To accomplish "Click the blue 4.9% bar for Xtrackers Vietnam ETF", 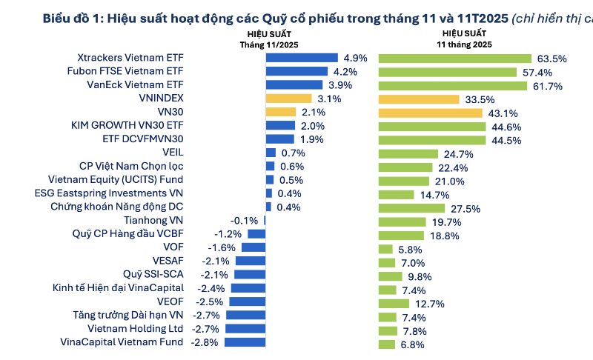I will [x=301, y=58].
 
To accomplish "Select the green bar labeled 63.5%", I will [x=454, y=58].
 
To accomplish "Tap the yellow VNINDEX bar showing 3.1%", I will [x=288, y=99].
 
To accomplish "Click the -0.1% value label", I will [x=244, y=221].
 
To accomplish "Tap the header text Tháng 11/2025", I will [x=268, y=44].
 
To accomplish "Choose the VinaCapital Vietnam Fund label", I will [x=122, y=342].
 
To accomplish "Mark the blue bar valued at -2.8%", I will [x=245, y=342].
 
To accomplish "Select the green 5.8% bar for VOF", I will [x=385, y=248].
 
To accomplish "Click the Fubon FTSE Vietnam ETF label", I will [x=130, y=72].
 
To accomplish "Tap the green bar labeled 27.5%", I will [x=411, y=207].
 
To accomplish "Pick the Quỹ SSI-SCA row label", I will [x=153, y=275].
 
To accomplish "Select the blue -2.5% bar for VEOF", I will [x=247, y=302].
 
